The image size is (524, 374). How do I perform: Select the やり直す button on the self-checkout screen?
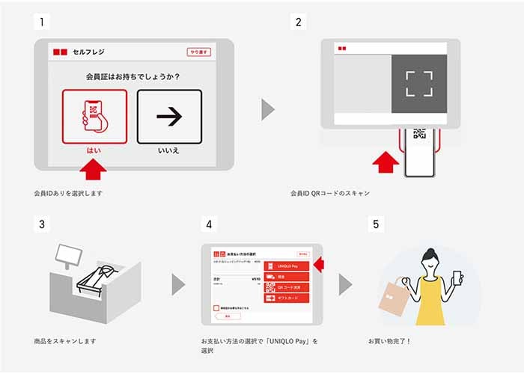click(199, 52)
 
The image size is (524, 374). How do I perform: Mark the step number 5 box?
click(377, 224)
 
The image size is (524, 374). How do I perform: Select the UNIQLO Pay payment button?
click(287, 266)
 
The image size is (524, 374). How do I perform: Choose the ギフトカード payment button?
click(287, 298)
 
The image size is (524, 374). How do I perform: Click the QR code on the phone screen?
click(419, 134)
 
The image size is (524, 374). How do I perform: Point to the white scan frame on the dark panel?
click(419, 83)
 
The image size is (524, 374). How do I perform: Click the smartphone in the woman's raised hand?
click(458, 275)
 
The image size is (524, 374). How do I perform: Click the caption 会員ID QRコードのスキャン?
click(330, 193)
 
